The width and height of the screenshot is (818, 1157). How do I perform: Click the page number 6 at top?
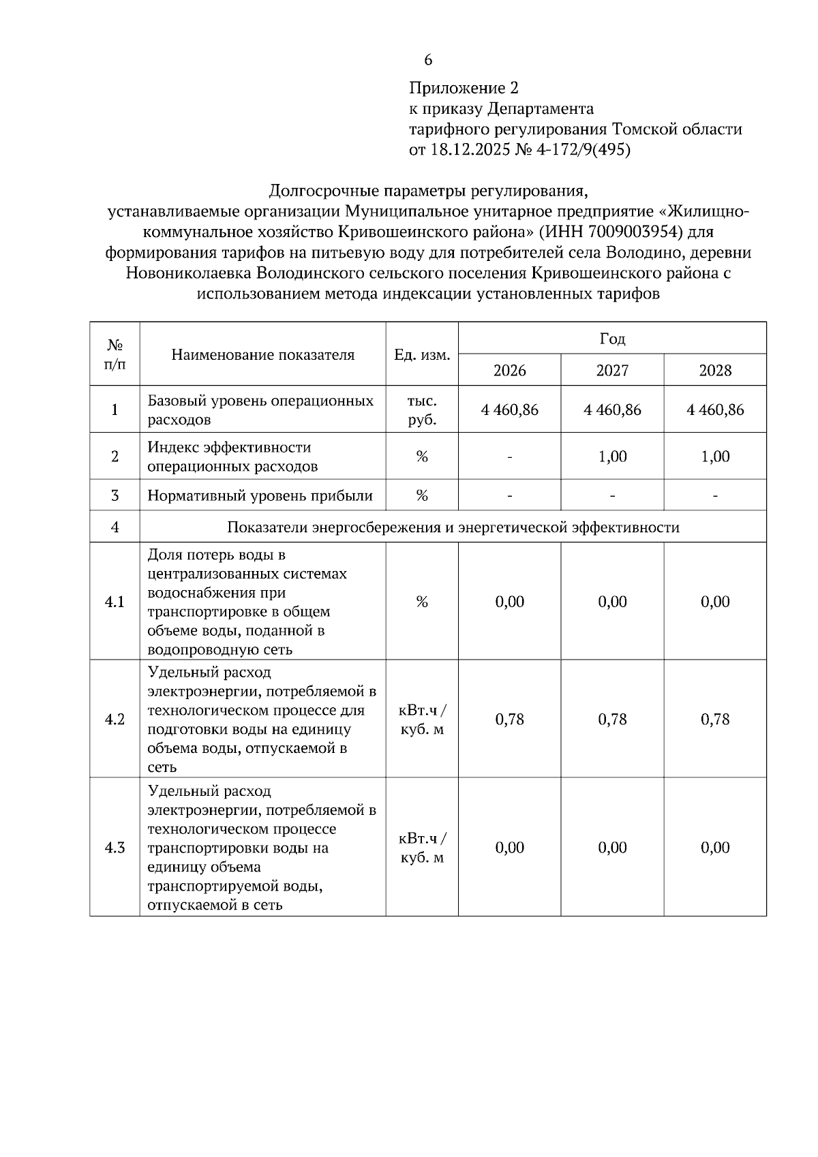pyautogui.click(x=428, y=60)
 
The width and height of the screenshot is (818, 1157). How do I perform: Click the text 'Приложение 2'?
pyautogui.click(x=464, y=88)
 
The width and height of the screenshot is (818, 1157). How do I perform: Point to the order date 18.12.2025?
pyautogui.click(x=469, y=150)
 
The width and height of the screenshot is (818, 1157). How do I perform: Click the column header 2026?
pyautogui.click(x=510, y=371)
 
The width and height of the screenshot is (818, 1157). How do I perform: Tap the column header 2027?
pyautogui.click(x=612, y=371)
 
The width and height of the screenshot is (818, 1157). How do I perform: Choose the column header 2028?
pyautogui.click(x=715, y=371)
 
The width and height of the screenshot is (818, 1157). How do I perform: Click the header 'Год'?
pyautogui.click(x=612, y=339)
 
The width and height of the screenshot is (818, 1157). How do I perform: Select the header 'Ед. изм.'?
pyautogui.click(x=422, y=355)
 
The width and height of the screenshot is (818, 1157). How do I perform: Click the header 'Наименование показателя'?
pyautogui.click(x=262, y=355)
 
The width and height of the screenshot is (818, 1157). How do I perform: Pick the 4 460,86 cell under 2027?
pyautogui.click(x=612, y=410)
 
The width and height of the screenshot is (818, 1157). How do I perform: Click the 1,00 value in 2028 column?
pyautogui.click(x=715, y=457)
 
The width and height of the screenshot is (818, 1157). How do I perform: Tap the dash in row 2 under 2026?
pyautogui.click(x=510, y=457)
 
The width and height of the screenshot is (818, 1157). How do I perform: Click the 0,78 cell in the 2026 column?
pyautogui.click(x=510, y=720)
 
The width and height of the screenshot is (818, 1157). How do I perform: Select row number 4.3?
pyautogui.click(x=115, y=848)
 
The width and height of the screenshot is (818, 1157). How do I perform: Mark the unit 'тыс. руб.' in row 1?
pyautogui.click(x=422, y=410)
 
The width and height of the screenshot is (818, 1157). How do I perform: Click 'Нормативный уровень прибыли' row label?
pyautogui.click(x=260, y=496)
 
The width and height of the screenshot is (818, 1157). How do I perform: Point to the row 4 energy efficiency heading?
pyautogui.click(x=453, y=527)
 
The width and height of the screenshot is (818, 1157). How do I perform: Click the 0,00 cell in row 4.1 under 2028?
pyautogui.click(x=715, y=602)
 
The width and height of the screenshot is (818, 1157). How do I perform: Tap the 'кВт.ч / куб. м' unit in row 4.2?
pyautogui.click(x=422, y=720)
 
